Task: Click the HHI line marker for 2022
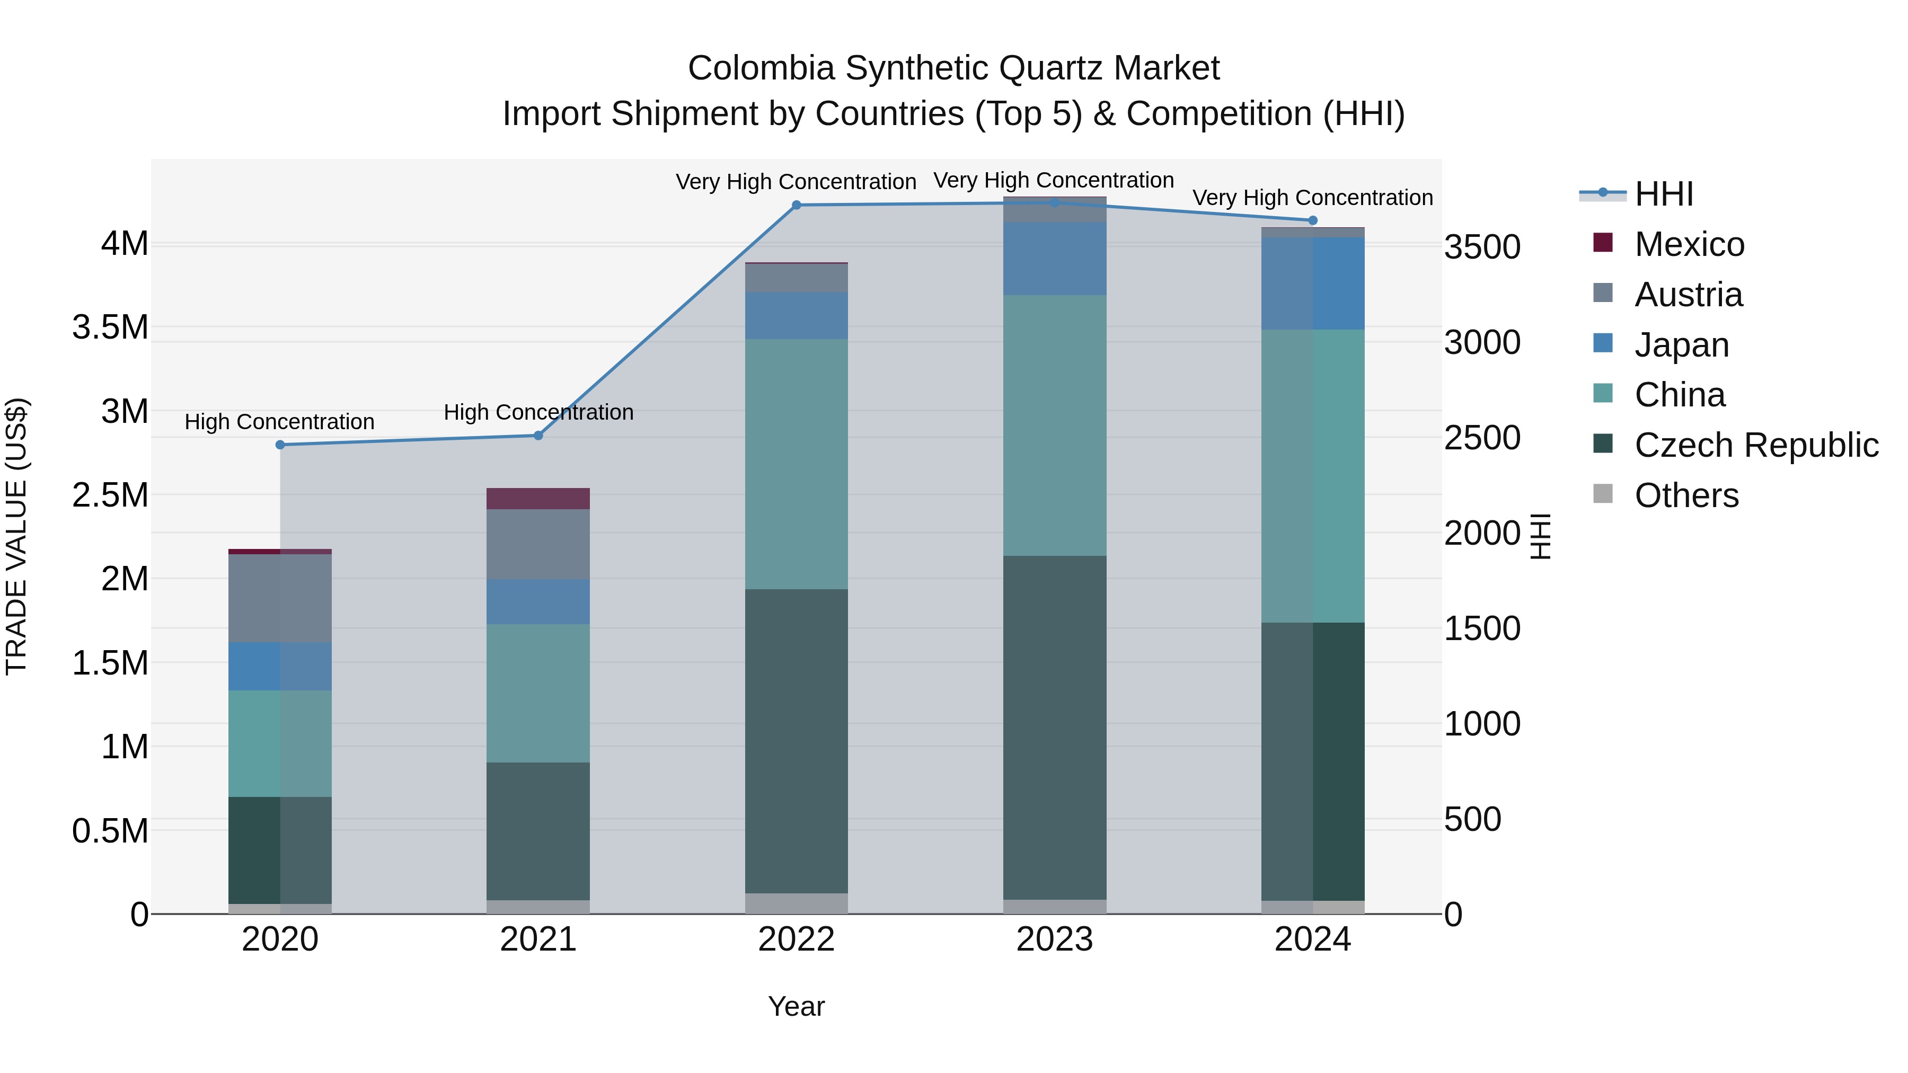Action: (x=796, y=205)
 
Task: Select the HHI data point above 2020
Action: (x=280, y=445)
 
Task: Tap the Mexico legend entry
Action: (x=1689, y=244)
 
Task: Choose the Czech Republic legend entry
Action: (x=1755, y=445)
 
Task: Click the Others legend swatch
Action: (x=1603, y=494)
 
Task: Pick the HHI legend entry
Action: (x=1663, y=194)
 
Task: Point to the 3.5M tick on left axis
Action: (x=110, y=327)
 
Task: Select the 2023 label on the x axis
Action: (x=1054, y=939)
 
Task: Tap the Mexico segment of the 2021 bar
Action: (x=538, y=499)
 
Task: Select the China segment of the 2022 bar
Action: (x=796, y=464)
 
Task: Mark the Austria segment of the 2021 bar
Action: (x=538, y=544)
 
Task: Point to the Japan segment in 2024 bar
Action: (x=1312, y=283)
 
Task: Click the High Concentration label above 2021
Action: (x=538, y=412)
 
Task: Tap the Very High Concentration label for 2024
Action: (x=1312, y=198)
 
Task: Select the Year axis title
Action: (x=796, y=1006)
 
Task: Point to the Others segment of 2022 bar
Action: (x=796, y=903)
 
